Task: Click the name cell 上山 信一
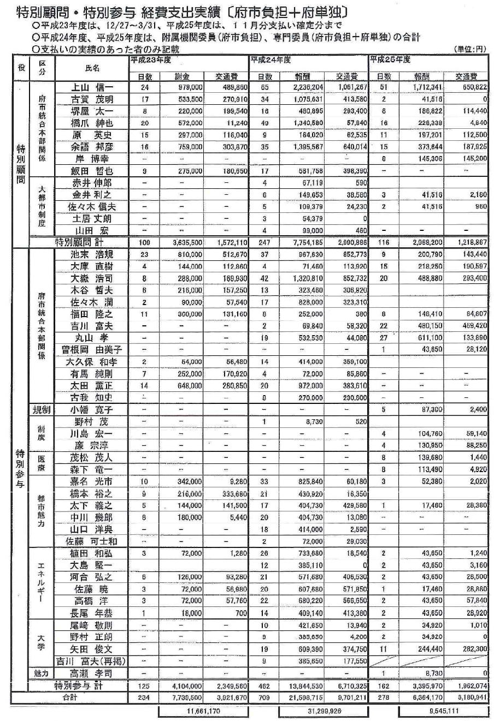[x=92, y=87]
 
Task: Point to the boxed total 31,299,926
[x=323, y=712]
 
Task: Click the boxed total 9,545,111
[x=443, y=712]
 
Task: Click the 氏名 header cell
[x=92, y=68]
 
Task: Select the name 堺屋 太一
[x=92, y=111]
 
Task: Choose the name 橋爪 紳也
[x=92, y=123]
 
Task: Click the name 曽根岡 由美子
[x=92, y=349]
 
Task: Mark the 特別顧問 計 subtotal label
[x=81, y=242]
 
